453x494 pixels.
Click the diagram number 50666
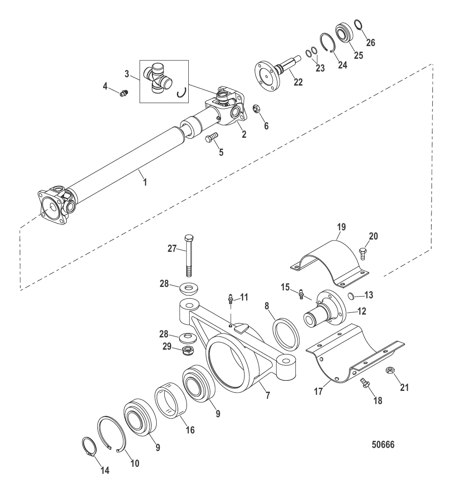tap(383, 444)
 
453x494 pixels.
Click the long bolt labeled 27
tap(189, 255)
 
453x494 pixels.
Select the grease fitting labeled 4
tap(124, 93)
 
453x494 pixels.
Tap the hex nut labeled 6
tap(256, 109)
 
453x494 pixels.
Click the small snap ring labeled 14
tap(89, 447)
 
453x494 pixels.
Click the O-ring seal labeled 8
tap(286, 335)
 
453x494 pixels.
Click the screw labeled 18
tap(365, 383)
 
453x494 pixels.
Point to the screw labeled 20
tap(362, 253)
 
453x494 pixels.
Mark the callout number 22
tap(298, 82)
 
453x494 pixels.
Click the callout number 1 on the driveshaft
tap(145, 182)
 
